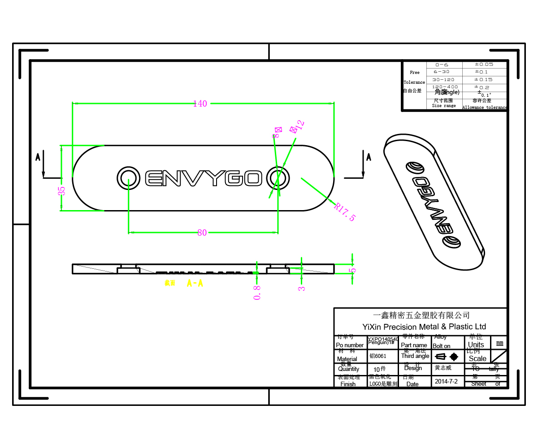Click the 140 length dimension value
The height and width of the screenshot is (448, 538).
[200, 103]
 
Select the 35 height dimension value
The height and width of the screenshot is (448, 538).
[62, 190]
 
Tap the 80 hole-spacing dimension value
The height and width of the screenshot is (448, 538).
[202, 233]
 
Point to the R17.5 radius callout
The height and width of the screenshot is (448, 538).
[345, 211]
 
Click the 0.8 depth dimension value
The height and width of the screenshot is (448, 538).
[257, 293]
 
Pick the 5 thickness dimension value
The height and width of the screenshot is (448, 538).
[352, 271]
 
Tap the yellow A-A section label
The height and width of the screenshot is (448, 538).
[195, 283]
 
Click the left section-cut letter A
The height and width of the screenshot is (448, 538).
[38, 157]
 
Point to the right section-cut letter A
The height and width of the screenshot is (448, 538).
[369, 157]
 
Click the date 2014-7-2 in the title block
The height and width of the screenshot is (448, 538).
[447, 381]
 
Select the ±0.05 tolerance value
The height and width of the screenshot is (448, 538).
[484, 65]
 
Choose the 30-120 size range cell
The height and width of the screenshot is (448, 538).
[444, 79]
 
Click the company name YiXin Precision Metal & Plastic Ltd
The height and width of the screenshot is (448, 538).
[424, 327]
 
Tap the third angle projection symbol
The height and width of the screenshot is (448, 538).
[447, 357]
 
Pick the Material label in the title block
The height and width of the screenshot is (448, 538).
[347, 359]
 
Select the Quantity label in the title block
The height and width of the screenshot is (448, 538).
[349, 369]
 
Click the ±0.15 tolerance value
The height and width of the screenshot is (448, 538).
[484, 79]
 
